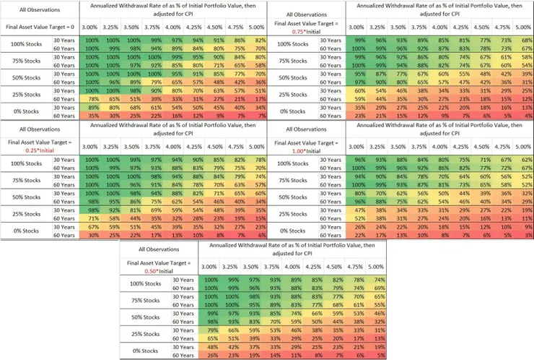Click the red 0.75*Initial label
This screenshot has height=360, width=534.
point(299,32)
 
